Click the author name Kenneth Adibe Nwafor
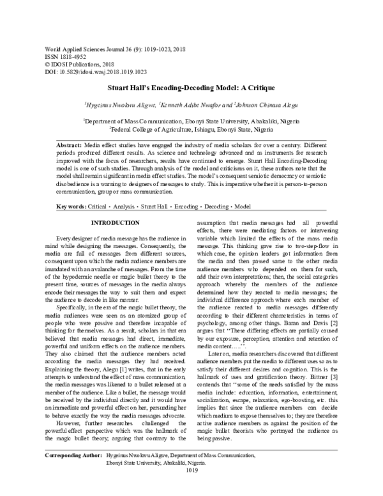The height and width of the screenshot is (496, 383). [193, 102]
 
